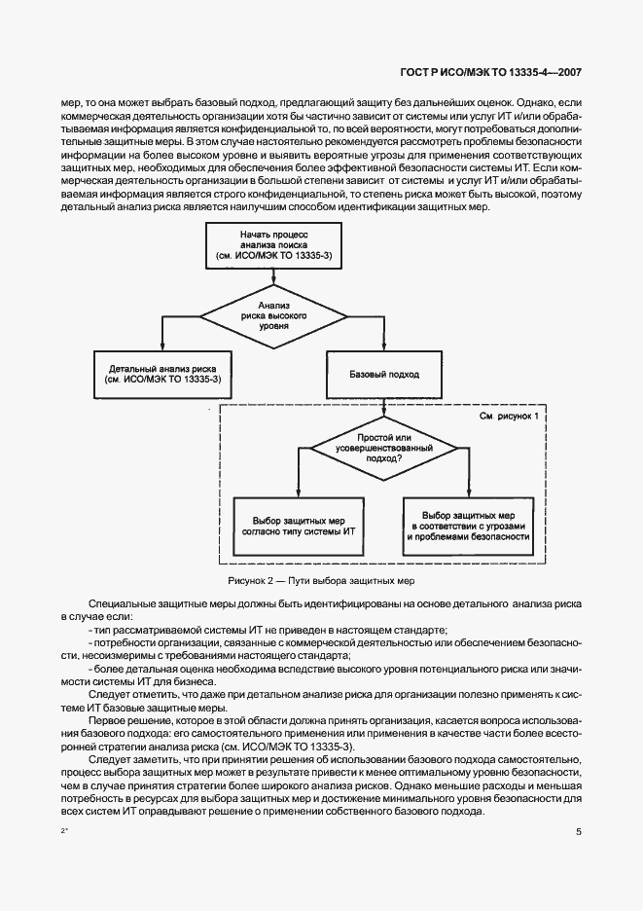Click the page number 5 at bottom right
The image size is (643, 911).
(x=579, y=832)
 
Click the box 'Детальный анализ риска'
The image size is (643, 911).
(x=162, y=375)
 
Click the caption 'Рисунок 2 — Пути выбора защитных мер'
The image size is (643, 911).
(x=321, y=581)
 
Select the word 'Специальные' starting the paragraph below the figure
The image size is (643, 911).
(x=119, y=606)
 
